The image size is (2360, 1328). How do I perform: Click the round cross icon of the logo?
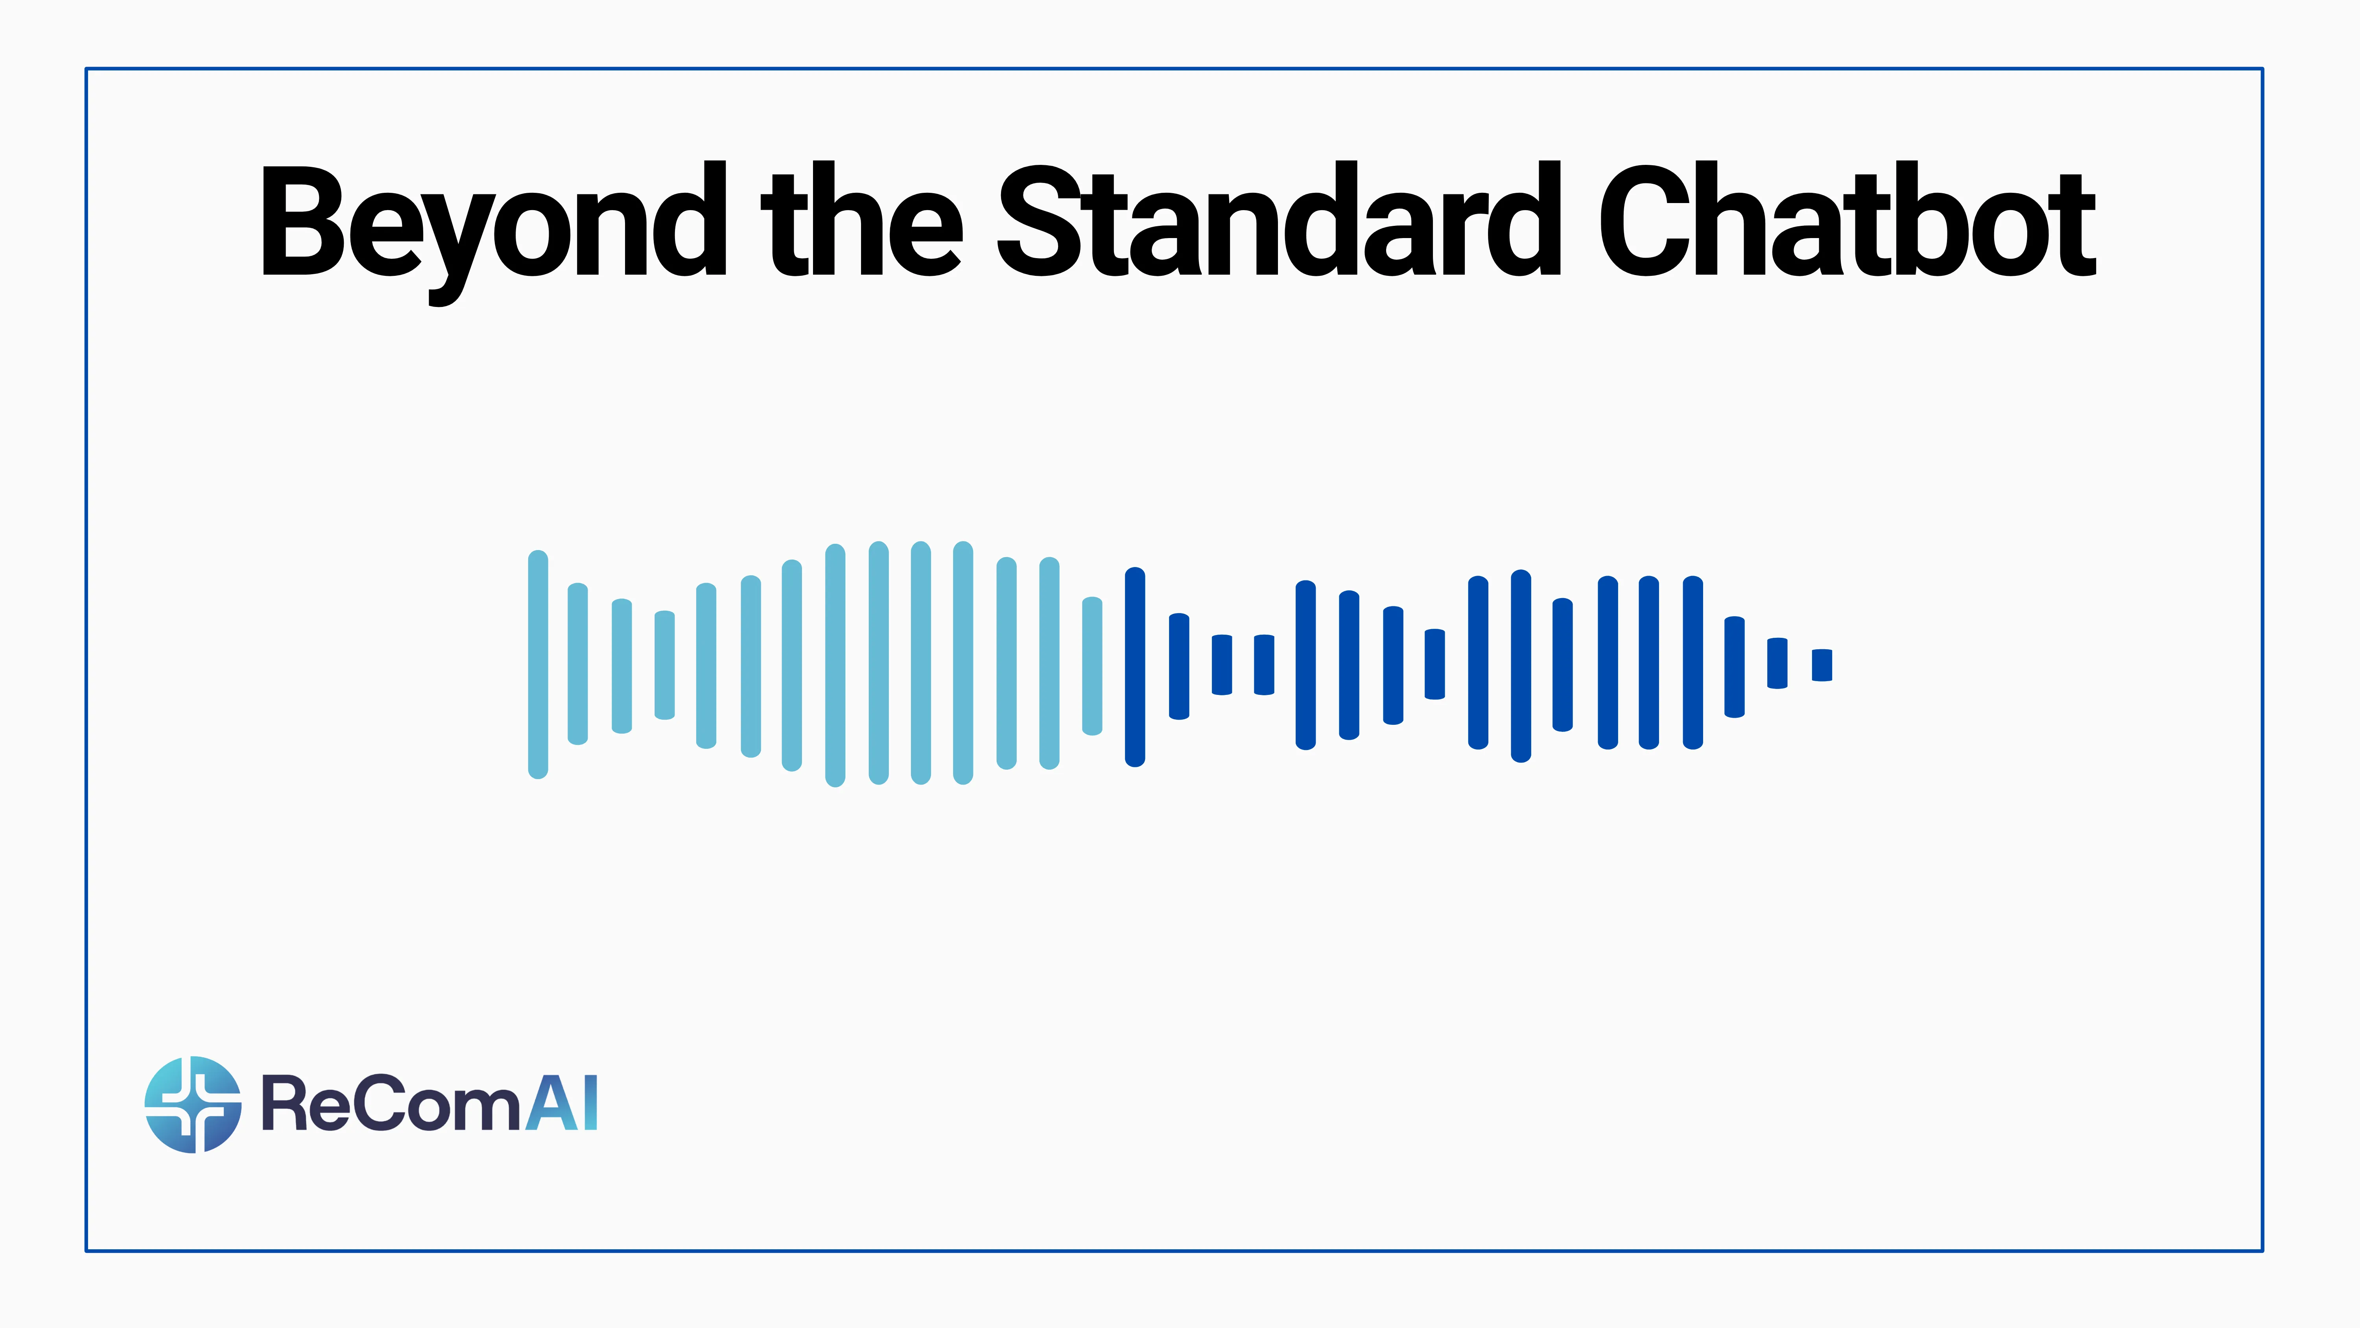point(193,1105)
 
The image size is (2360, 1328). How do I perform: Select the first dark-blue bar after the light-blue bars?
point(1135,666)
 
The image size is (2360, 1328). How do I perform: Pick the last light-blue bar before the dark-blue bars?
point(1092,666)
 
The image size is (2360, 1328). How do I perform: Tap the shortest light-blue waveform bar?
point(665,665)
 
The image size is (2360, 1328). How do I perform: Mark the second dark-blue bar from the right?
point(1777,663)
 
